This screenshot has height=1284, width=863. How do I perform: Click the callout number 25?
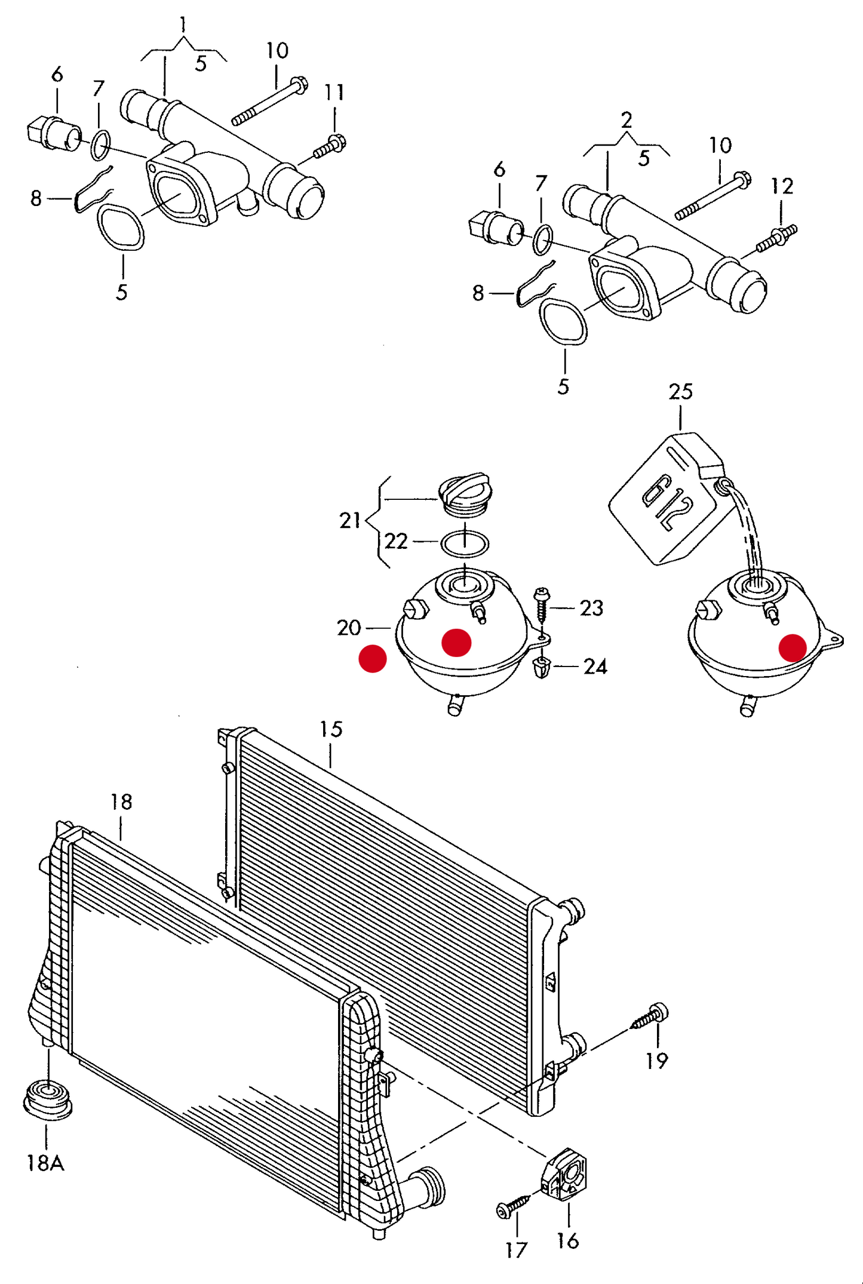pos(680,392)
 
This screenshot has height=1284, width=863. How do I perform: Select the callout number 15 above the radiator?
pos(330,729)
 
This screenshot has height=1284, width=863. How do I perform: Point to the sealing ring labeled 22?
pos(464,543)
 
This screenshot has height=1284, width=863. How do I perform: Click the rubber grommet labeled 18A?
pos(48,1099)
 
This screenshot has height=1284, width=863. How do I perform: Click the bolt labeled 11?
pos(330,146)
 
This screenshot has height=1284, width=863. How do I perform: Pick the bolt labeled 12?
pos(776,238)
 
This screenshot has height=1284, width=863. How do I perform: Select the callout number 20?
pos(349,628)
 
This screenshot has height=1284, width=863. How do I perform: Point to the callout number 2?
pos(626,121)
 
